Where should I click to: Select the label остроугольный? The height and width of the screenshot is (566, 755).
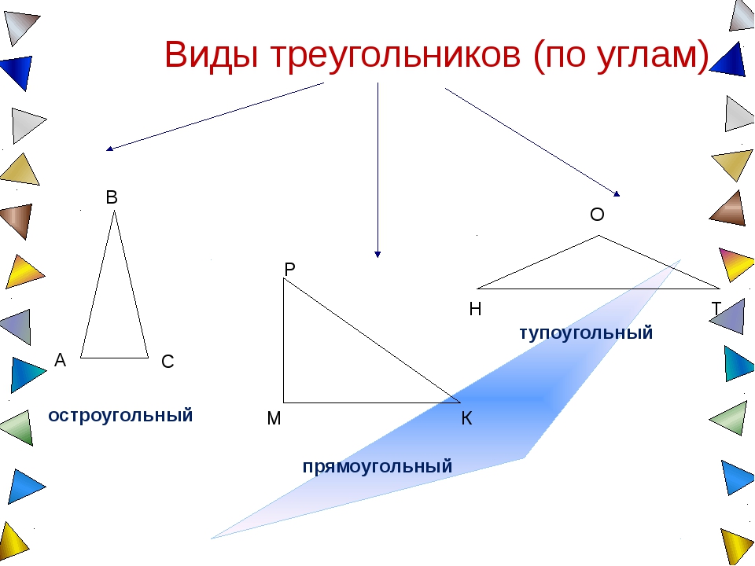tap(120, 416)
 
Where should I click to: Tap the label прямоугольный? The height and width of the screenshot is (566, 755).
tap(377, 466)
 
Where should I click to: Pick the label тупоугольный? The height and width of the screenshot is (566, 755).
tap(586, 333)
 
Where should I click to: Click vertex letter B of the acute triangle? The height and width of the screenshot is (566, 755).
tap(112, 198)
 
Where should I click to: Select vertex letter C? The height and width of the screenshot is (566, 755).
tap(167, 362)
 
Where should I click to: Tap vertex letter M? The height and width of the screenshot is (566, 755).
tap(274, 419)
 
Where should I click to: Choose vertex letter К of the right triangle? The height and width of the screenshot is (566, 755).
tap(466, 419)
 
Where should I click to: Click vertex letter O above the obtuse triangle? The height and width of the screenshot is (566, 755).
tap(597, 215)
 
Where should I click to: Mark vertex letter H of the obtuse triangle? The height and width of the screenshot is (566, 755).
tap(475, 310)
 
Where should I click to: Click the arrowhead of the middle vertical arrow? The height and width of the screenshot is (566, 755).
tap(377, 254)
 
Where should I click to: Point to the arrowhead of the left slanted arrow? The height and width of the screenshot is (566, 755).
tap(109, 148)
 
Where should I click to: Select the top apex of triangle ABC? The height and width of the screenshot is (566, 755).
tap(115, 211)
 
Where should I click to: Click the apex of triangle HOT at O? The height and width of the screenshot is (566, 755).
tap(599, 235)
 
